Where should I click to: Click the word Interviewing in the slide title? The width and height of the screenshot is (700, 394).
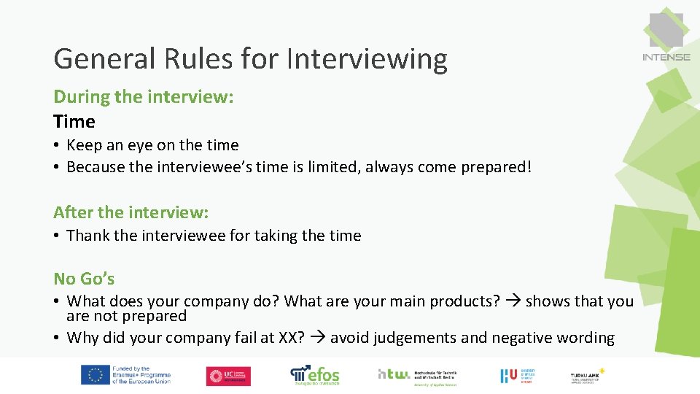pyautogui.click(x=367, y=58)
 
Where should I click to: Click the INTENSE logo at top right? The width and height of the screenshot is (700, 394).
pyautogui.click(x=666, y=36)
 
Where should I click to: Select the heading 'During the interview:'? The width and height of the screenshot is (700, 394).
pyautogui.click(x=144, y=96)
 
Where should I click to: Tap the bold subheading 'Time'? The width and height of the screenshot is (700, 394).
pyautogui.click(x=74, y=121)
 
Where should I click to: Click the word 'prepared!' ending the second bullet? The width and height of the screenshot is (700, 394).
pyautogui.click(x=496, y=167)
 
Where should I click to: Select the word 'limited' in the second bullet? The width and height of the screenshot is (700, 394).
pyautogui.click(x=332, y=167)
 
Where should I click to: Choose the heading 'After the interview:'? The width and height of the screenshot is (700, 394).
pyautogui.click(x=131, y=212)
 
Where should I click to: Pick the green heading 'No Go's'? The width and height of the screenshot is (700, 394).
pyautogui.click(x=84, y=279)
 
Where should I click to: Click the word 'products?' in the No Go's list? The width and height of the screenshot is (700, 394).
pyautogui.click(x=467, y=301)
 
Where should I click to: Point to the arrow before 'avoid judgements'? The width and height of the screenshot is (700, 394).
pyautogui.click(x=319, y=338)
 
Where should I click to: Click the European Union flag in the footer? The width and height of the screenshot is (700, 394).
pyautogui.click(x=95, y=376)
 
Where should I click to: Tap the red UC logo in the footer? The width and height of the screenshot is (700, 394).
pyautogui.click(x=228, y=376)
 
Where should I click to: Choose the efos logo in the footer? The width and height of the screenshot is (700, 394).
pyautogui.click(x=315, y=375)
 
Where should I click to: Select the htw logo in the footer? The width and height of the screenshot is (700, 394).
pyautogui.click(x=394, y=374)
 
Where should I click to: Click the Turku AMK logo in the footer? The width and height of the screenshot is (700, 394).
pyautogui.click(x=588, y=376)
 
